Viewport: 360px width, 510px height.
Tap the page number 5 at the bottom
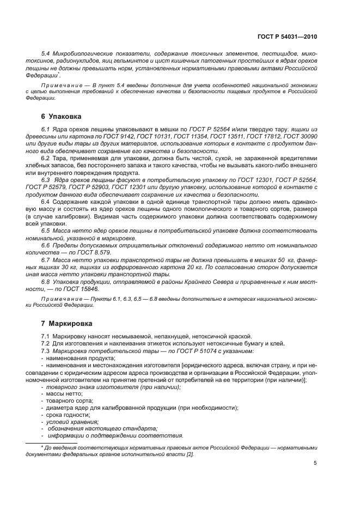point(315,463)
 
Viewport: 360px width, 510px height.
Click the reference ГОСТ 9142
point(126,135)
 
